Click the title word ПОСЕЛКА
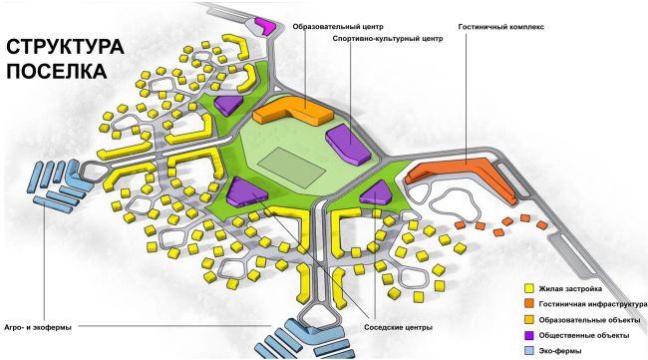56,72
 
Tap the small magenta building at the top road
265,22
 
